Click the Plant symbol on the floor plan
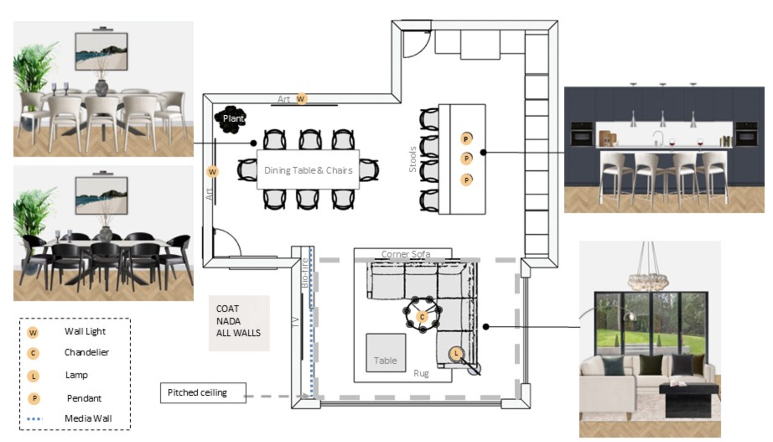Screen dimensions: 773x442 click(230, 119)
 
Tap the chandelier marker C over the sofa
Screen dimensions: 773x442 click(422, 316)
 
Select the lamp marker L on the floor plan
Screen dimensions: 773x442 click(456, 354)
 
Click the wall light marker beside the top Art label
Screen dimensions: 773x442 click(301, 99)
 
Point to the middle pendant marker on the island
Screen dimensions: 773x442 click(466, 158)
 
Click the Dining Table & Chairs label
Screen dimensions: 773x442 click(308, 170)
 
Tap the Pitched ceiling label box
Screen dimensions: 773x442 click(203, 393)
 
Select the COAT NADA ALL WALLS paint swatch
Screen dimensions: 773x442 click(239, 323)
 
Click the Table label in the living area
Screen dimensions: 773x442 click(385, 361)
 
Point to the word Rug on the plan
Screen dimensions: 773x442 click(421, 373)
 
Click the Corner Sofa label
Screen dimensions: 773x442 click(405, 254)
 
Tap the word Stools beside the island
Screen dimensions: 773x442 click(412, 159)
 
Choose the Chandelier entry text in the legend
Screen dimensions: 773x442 click(86, 352)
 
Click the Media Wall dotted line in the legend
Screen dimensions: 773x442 click(34, 419)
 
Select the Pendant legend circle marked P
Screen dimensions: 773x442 click(34, 398)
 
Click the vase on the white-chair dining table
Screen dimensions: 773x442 click(102, 87)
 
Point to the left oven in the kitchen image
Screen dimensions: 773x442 click(582, 134)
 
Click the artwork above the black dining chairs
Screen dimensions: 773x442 click(101, 196)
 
